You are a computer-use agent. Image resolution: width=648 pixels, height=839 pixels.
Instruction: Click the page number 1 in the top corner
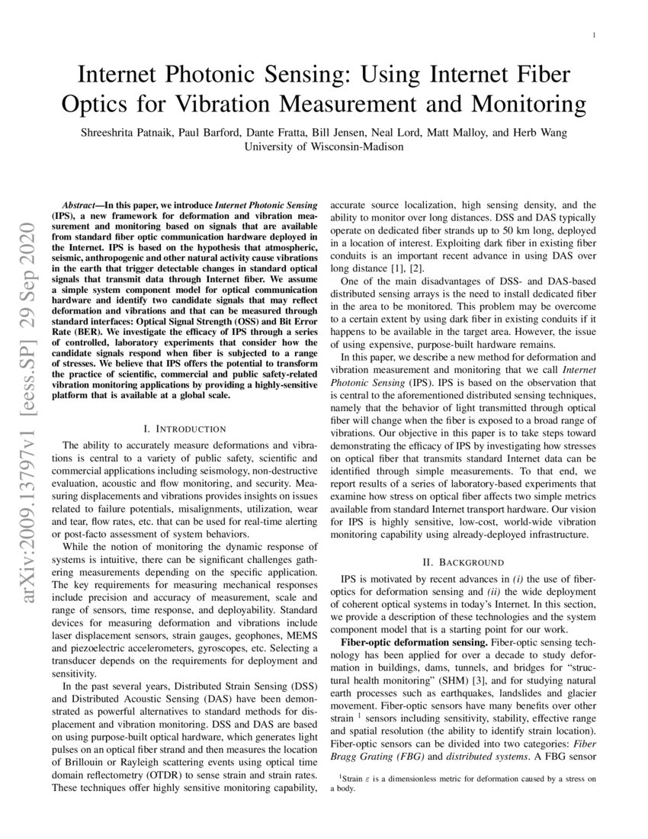[594, 36]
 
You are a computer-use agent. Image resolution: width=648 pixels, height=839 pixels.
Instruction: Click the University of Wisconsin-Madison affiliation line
[324, 146]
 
